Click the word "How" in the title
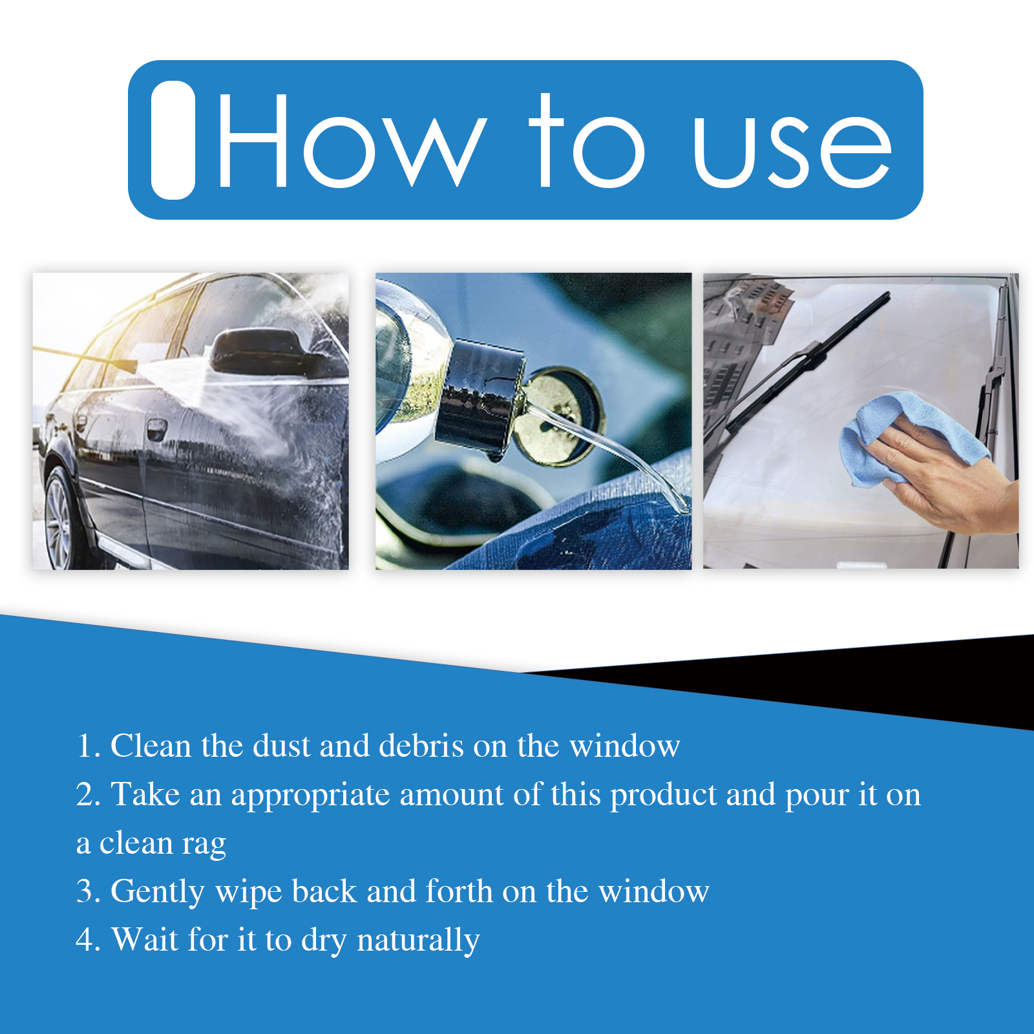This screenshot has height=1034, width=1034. [352, 140]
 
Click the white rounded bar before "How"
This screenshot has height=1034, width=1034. [173, 140]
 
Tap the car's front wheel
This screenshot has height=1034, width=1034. [61, 517]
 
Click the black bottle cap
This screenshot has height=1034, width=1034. [481, 396]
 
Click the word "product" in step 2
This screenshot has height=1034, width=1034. [664, 796]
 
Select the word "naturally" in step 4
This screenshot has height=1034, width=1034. [418, 941]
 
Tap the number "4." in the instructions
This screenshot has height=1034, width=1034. [89, 940]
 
